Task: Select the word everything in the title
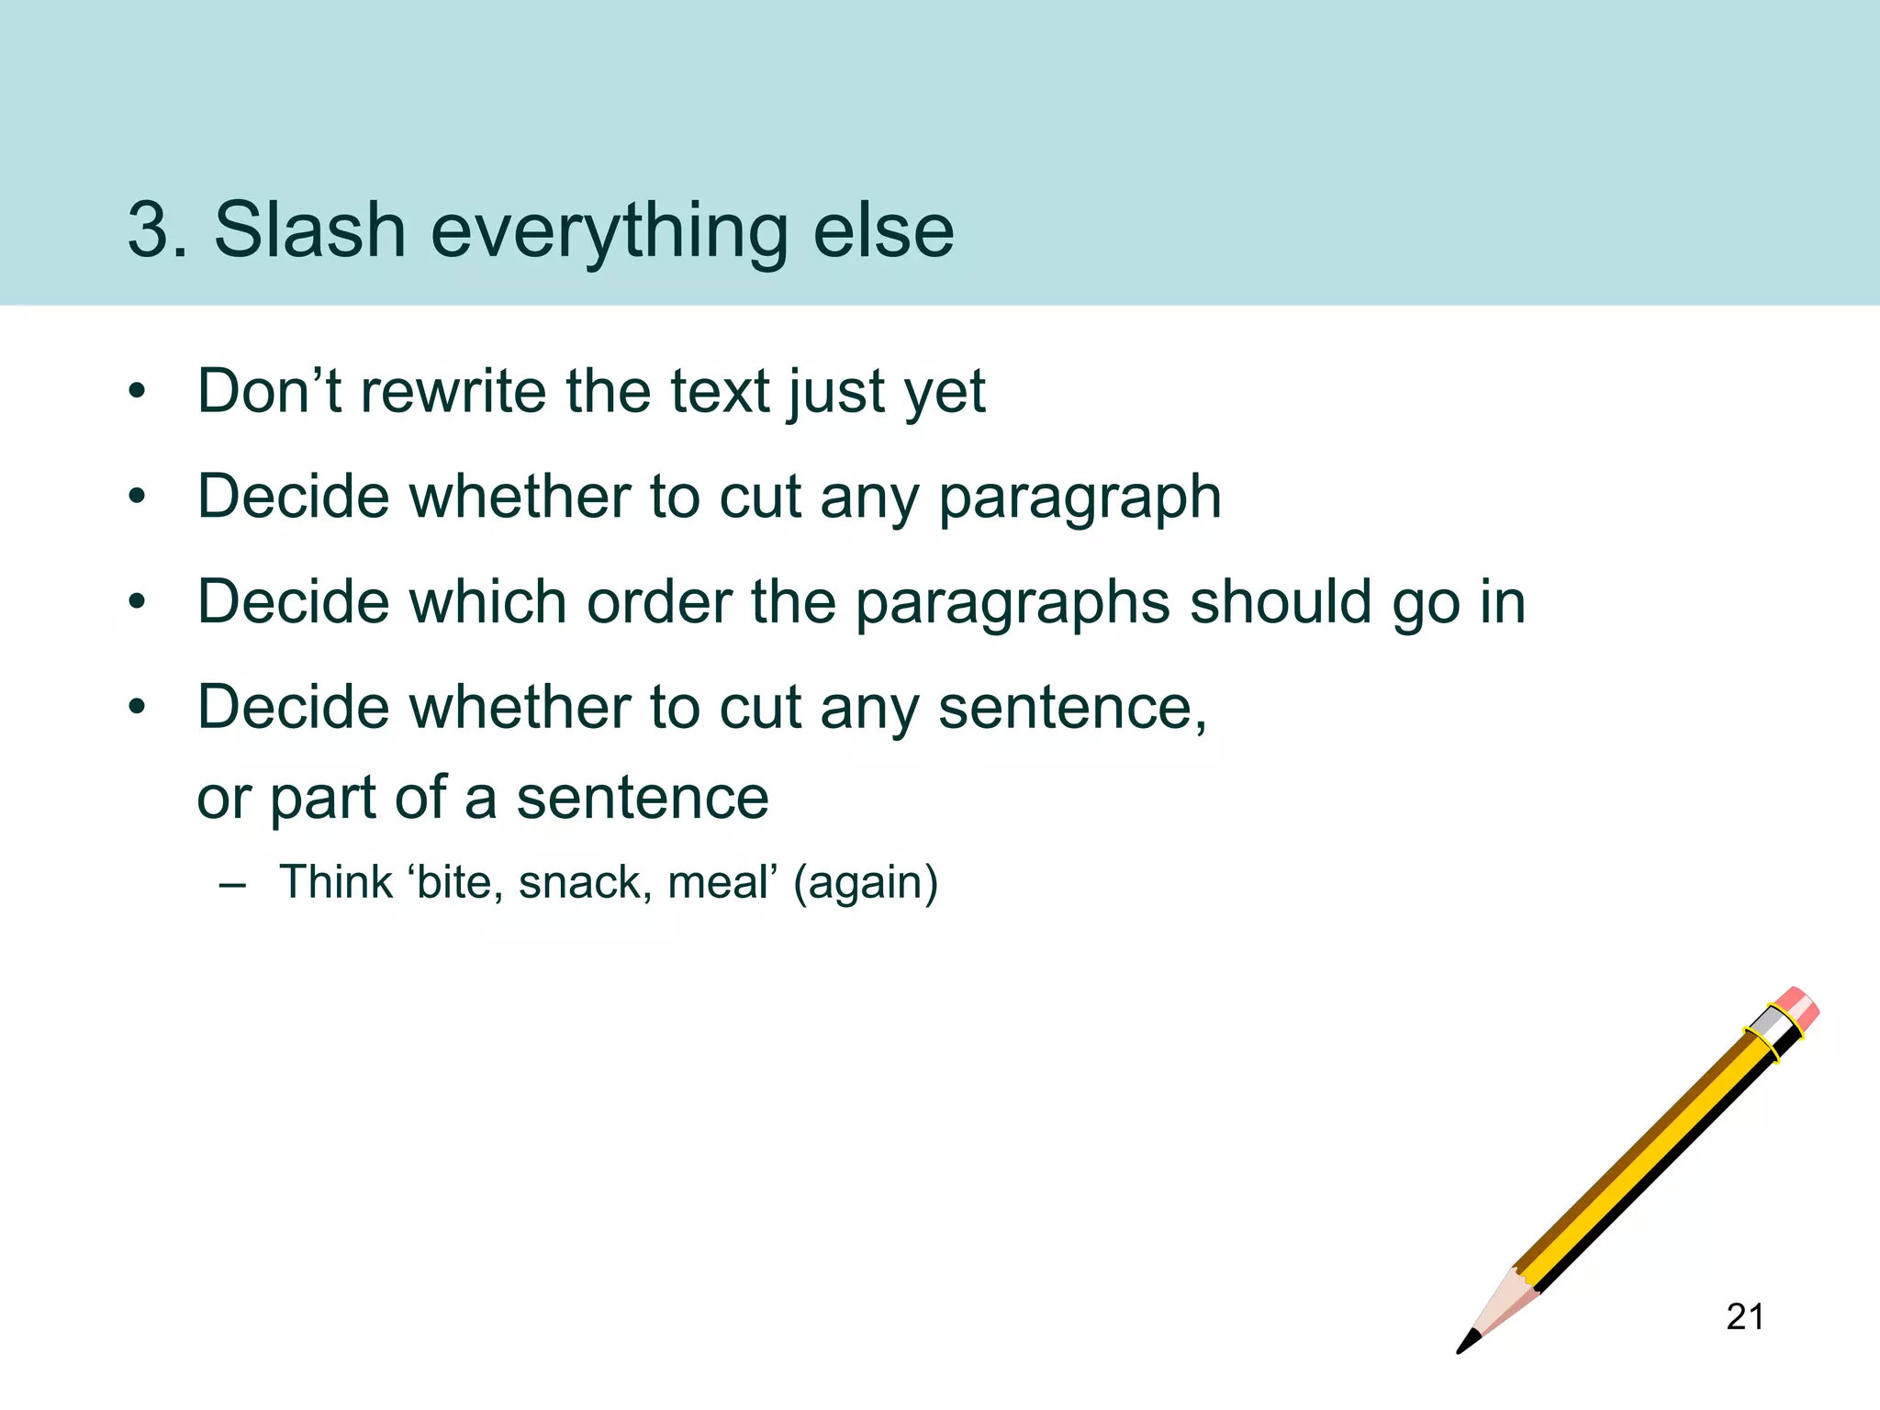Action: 608,231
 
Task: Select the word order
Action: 658,602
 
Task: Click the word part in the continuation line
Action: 322,799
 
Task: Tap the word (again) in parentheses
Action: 866,883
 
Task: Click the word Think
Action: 336,882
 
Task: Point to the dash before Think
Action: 233,885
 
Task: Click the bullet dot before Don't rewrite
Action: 138,393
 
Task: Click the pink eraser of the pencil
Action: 1796,1008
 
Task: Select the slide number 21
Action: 1744,1317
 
